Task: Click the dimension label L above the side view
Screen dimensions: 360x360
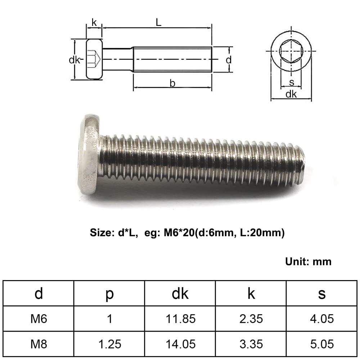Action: (158, 22)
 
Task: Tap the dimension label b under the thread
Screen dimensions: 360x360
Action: (172, 83)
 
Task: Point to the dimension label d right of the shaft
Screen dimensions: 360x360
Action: (229, 60)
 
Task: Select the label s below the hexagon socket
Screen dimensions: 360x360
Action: (291, 82)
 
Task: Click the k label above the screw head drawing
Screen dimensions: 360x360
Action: (94, 22)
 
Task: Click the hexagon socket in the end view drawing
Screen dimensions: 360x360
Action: (291, 51)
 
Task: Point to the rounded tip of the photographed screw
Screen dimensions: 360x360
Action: (301, 163)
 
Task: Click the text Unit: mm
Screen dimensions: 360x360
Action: (308, 261)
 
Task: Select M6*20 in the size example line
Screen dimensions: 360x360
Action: (179, 233)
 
